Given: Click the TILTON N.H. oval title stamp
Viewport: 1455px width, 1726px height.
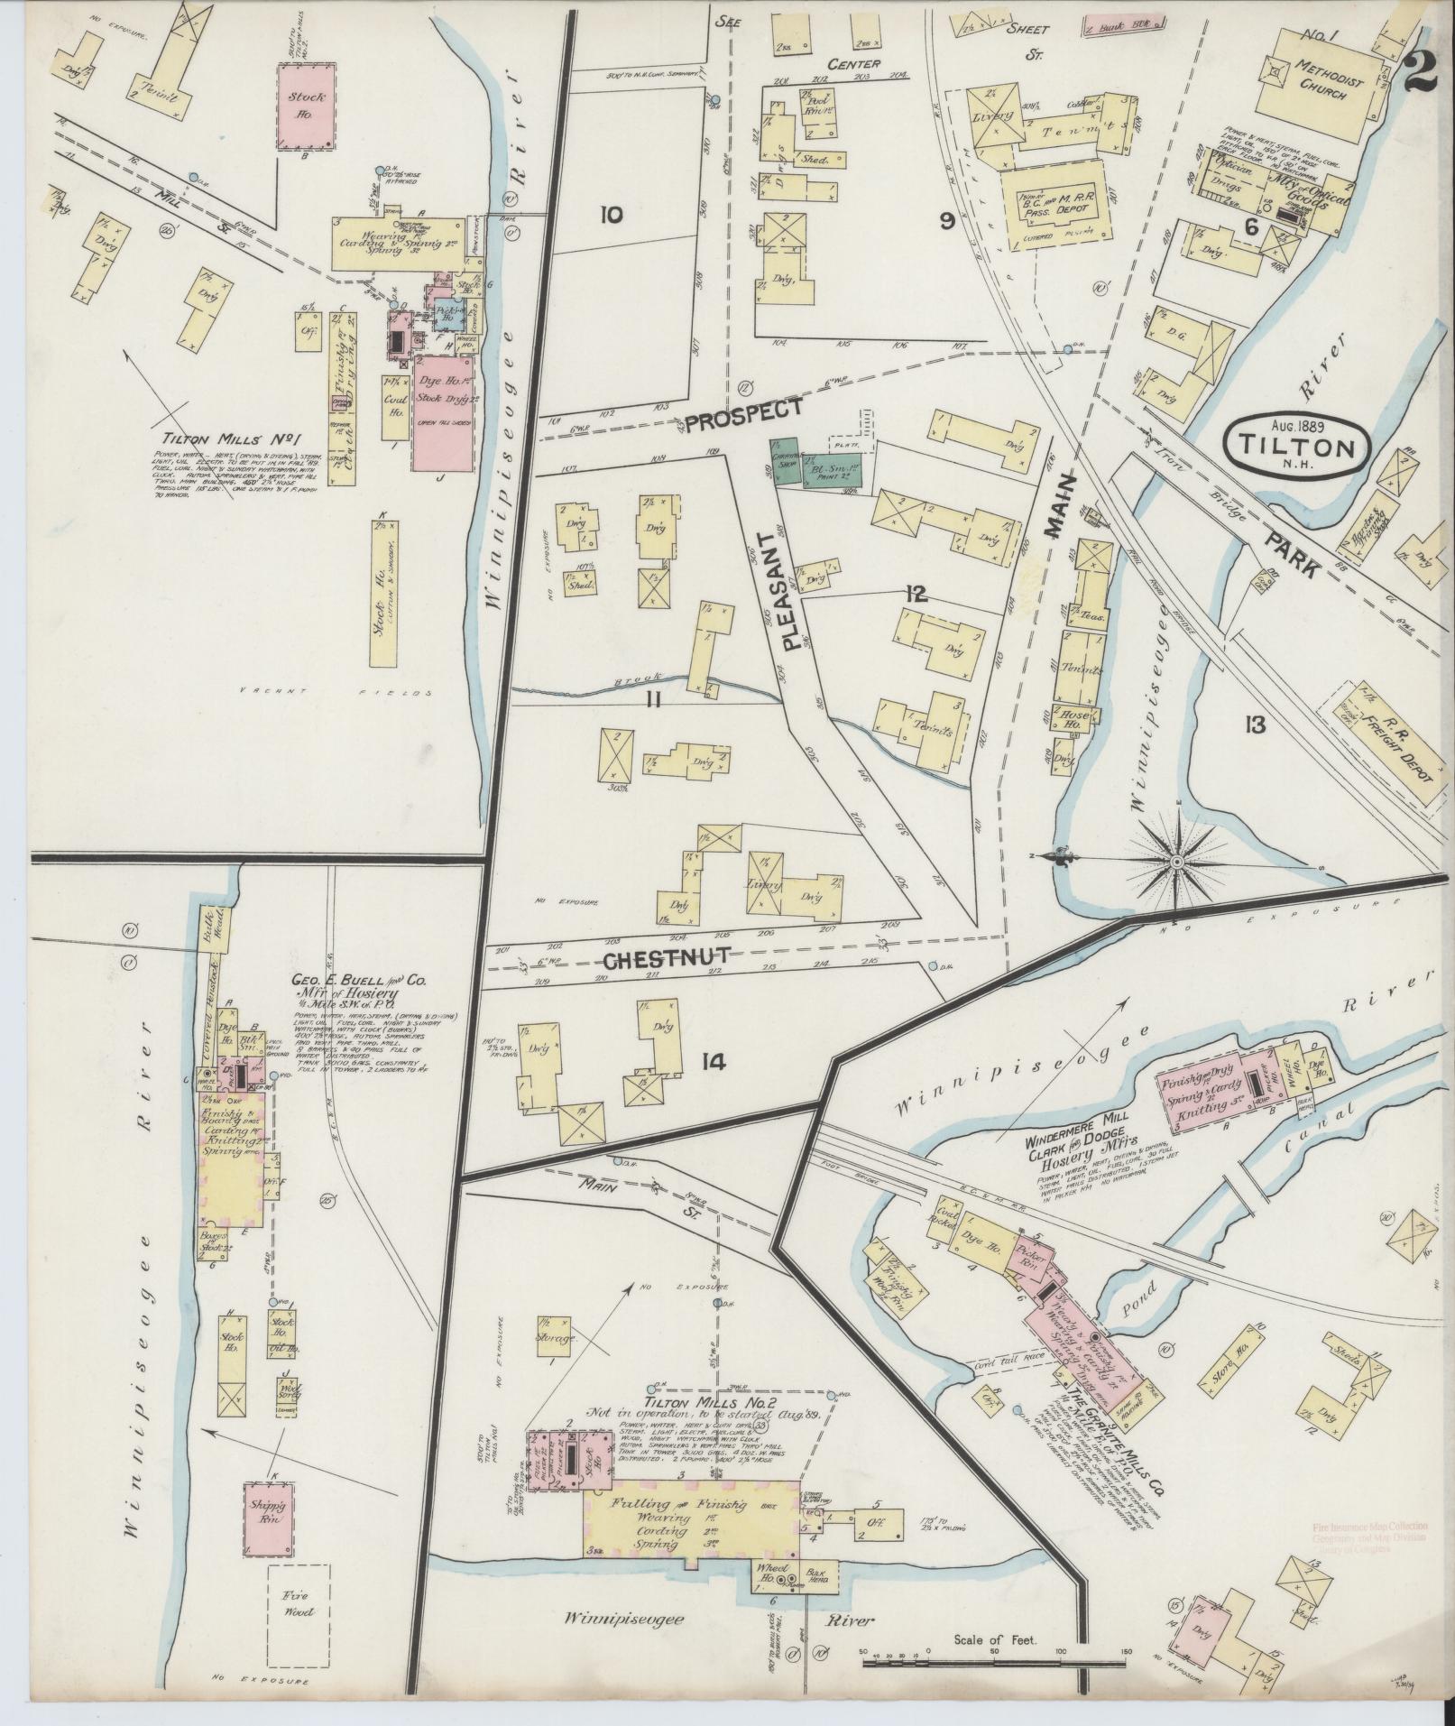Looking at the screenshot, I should [x=1297, y=443].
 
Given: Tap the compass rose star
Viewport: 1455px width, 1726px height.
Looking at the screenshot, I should [x=1176, y=863].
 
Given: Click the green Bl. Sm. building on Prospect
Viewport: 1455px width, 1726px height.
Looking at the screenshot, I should [x=827, y=470].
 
